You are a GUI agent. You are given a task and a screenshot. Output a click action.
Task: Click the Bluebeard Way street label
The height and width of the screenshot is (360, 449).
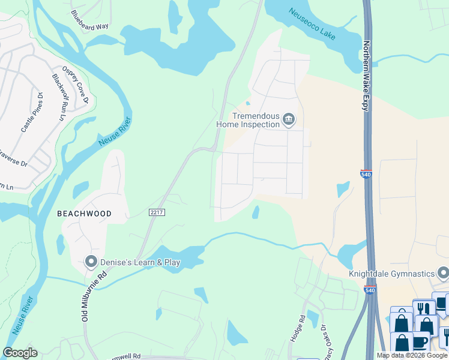coord(89,20)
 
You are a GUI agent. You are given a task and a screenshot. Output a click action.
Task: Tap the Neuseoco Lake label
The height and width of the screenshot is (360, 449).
coord(312,24)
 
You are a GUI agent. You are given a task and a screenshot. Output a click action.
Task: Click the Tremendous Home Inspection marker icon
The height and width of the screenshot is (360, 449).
coord(288,120)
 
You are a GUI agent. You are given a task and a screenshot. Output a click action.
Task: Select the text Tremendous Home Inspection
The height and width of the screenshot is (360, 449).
coord(249,120)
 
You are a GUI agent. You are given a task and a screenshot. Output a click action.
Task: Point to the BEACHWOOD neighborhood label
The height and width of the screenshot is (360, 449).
coord(84,214)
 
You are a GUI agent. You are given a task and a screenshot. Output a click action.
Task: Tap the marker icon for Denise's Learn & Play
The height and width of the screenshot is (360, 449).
coord(91,262)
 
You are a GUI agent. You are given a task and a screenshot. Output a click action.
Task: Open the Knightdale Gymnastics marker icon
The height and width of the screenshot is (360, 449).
coord(443,274)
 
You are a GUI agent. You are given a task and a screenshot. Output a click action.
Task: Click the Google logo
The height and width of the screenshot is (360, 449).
coord(20,353)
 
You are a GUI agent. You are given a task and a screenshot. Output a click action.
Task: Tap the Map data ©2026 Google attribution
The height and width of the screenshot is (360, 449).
coord(411,355)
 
